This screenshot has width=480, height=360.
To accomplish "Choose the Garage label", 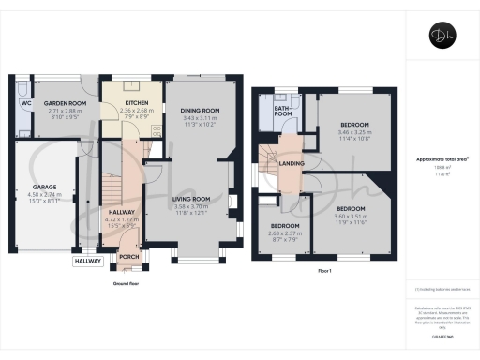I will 33,187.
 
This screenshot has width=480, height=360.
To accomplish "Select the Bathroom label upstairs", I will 283,110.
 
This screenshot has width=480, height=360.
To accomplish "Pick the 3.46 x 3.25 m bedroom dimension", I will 352,134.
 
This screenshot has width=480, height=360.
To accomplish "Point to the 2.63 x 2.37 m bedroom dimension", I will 284,233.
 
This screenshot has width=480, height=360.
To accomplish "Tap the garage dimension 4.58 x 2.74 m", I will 33,195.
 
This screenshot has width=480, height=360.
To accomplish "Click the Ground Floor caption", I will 127,282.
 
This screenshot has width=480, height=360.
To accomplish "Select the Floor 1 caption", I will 325,270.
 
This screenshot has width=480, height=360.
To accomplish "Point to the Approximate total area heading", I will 441,159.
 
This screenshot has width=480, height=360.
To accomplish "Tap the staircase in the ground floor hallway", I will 111,178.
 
